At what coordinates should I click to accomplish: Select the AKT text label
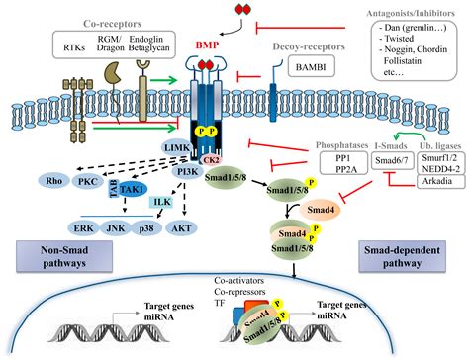pyautogui.click(x=182, y=225)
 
